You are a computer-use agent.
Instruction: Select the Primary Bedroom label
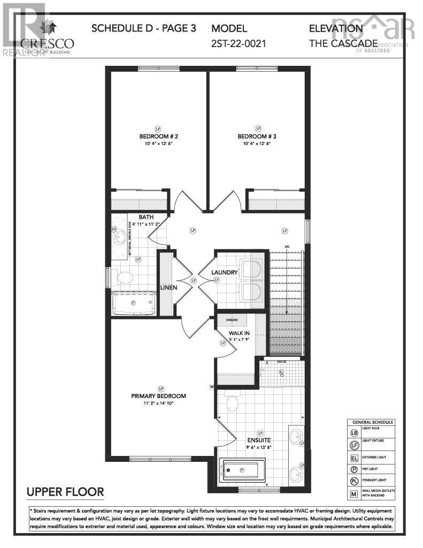[x=159, y=396]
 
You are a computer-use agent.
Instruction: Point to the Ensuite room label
[x=260, y=441]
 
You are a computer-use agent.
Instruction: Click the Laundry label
[x=224, y=272]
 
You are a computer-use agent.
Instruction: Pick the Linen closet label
[x=168, y=287]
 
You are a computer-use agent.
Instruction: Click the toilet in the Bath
[x=124, y=278]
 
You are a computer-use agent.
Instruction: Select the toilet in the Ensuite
[x=233, y=402]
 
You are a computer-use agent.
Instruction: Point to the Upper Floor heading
[x=65, y=491]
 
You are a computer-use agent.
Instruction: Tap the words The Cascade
[x=343, y=43]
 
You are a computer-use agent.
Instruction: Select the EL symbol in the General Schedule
[x=353, y=458]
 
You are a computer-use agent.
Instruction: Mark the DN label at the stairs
[x=287, y=247]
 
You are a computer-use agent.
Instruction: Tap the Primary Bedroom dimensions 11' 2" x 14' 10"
[x=159, y=404]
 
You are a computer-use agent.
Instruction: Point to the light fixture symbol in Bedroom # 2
[x=158, y=128]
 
